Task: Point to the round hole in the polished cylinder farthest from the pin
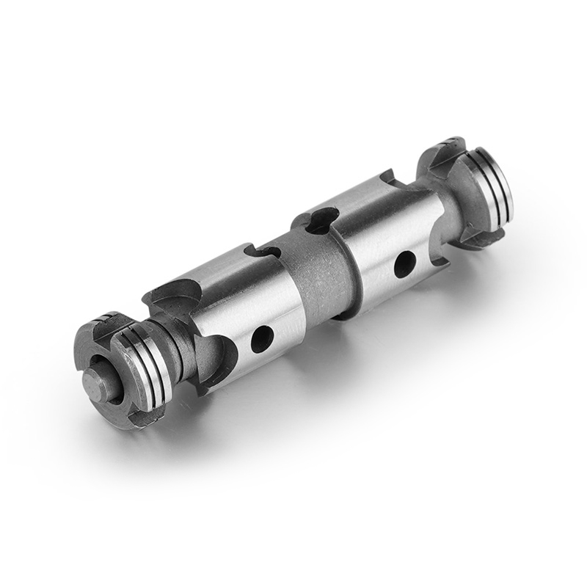coord(403,263)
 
